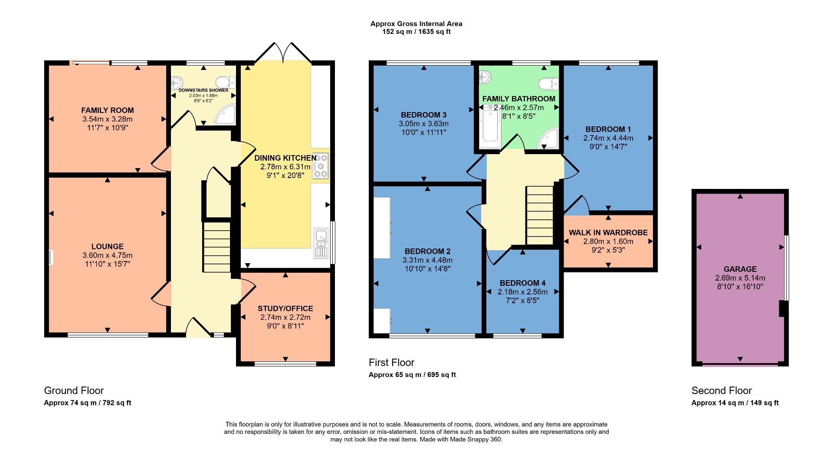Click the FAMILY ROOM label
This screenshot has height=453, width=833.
tap(107, 110)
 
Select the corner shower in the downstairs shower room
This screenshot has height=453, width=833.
tap(227, 115)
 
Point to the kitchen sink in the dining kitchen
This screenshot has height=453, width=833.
tap(321, 243)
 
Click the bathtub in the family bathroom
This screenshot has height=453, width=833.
tap(490, 126)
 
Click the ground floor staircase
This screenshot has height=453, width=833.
tap(216, 247)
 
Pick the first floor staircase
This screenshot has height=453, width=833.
tap(540, 215)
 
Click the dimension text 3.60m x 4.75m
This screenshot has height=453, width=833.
tap(107, 255)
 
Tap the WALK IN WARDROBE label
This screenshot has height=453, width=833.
tap(608, 233)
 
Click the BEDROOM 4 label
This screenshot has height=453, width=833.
tap(522, 283)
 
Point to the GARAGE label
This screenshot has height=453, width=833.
tap(740, 269)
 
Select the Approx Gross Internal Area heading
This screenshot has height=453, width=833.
tap(416, 24)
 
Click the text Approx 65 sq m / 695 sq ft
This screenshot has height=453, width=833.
tap(412, 375)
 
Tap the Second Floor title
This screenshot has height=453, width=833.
tap(721, 390)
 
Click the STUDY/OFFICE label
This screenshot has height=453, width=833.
tap(285, 309)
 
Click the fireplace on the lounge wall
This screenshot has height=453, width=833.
tap(51, 257)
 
